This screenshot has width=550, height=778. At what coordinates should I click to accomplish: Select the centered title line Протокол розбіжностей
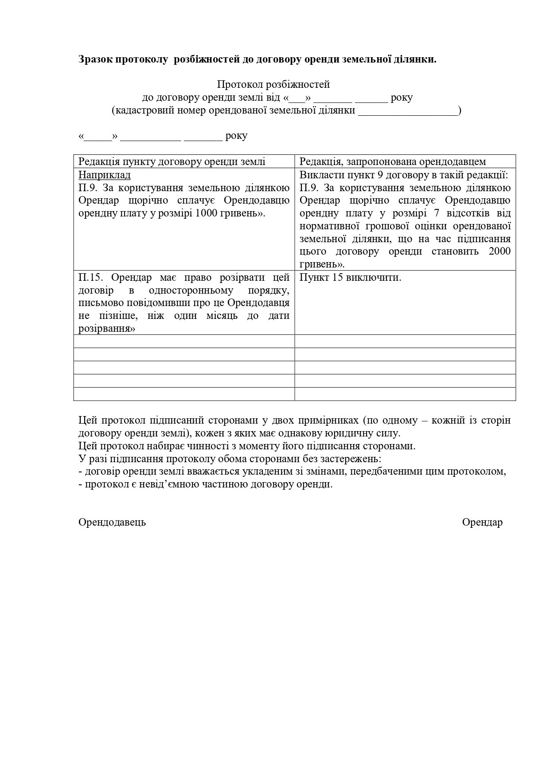click(273, 84)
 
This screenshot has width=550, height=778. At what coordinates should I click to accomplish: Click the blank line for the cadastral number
click(408, 110)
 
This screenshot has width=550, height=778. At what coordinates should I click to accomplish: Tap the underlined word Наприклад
click(104, 175)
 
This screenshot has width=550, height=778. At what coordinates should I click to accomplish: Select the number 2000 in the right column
click(499, 251)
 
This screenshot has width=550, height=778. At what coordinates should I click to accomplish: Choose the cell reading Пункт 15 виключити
click(350, 278)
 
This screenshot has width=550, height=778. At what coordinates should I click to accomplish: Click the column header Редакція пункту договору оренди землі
click(172, 161)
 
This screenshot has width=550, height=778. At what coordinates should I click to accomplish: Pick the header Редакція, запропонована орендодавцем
click(393, 161)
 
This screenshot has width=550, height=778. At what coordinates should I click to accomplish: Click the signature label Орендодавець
click(112, 522)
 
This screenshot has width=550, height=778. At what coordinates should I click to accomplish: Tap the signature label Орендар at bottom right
click(482, 522)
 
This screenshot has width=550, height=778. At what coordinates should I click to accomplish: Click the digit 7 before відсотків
click(437, 213)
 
